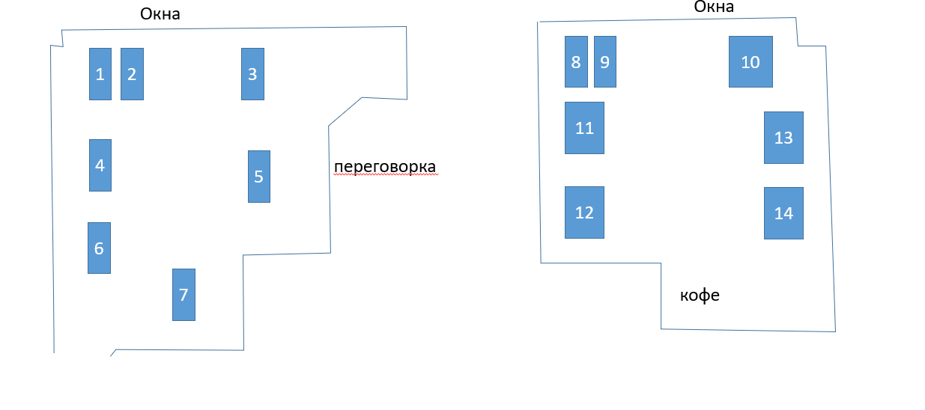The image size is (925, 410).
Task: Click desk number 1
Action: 100,74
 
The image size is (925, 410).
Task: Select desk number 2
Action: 132,74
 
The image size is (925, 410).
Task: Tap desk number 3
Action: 252,74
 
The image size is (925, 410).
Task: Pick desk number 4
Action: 100,165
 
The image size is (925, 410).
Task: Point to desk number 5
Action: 259,177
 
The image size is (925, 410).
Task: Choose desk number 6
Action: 99,248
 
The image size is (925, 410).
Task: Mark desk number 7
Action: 184,295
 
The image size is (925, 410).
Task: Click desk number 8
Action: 576,61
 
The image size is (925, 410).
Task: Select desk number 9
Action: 605,61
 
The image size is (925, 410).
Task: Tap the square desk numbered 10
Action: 750,61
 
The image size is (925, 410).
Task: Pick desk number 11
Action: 584,128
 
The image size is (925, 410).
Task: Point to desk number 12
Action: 584,212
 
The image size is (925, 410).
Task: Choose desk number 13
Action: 783,138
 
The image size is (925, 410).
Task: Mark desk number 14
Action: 783,213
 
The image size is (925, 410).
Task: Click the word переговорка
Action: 384,166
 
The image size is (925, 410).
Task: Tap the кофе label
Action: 700,295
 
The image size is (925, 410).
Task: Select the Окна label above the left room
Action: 160,14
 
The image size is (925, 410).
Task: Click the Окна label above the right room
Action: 714,7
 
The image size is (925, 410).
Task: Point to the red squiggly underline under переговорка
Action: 384,174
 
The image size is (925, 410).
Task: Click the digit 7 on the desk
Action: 184,294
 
